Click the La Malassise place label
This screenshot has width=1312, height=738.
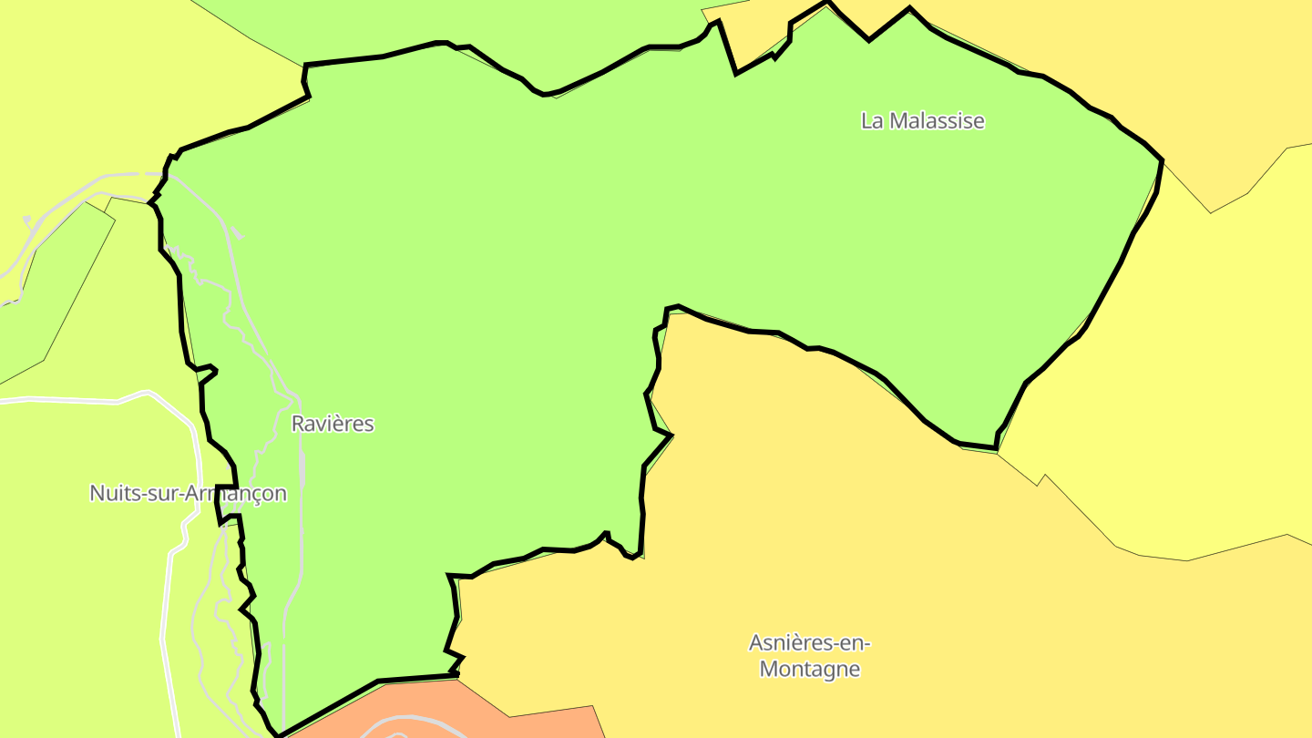coord(922,120)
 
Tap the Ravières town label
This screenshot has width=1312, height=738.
coord(333,424)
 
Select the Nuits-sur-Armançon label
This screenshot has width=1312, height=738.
coord(188,494)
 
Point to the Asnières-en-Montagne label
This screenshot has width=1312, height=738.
coord(809,656)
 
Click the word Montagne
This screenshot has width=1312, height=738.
coord(809,669)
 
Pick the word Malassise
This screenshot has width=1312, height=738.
coord(937,120)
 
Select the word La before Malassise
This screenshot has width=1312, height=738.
coord(872,120)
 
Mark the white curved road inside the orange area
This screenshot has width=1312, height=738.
coord(401,726)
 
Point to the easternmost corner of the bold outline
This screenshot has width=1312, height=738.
coord(1162,160)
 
